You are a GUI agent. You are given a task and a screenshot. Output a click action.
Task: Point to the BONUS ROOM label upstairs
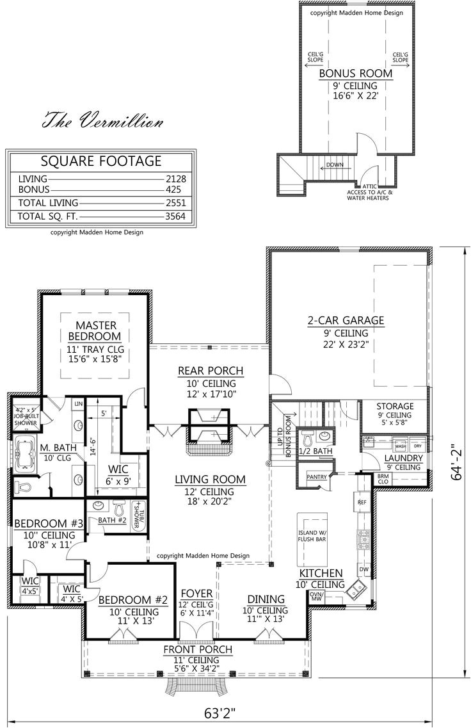point(356,74)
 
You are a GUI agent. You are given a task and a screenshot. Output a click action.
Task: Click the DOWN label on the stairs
point(335,165)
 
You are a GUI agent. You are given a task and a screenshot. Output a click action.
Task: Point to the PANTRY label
point(317,476)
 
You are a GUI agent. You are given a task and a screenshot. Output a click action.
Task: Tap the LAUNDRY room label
point(403,458)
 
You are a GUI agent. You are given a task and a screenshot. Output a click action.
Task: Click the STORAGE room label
point(395,406)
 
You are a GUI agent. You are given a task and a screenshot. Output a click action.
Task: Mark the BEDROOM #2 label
point(133,600)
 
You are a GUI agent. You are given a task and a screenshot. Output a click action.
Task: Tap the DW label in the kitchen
point(363,569)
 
